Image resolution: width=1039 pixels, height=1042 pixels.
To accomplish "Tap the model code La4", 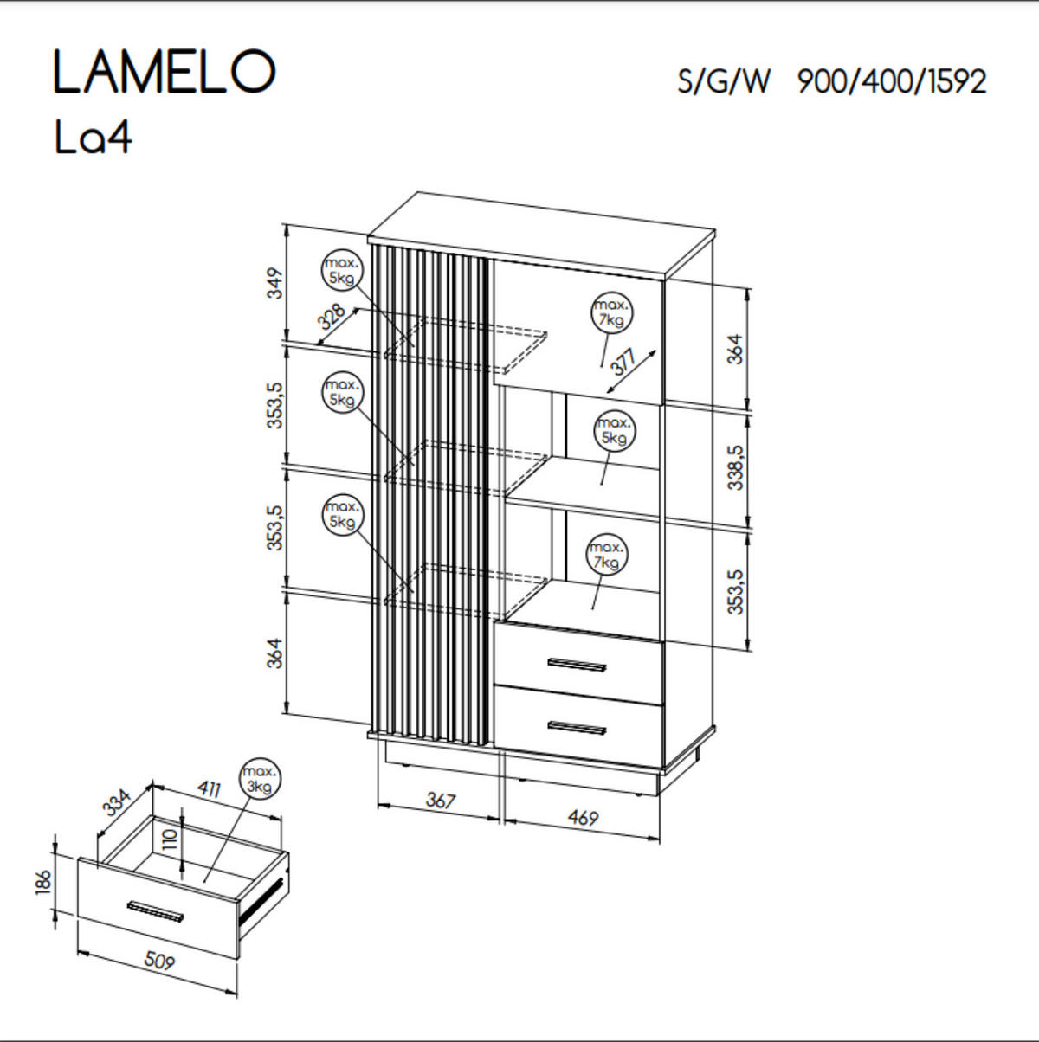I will click(x=94, y=138).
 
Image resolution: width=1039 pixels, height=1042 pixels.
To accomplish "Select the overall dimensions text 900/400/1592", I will click(x=891, y=82).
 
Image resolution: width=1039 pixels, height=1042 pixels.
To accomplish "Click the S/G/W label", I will click(x=723, y=82).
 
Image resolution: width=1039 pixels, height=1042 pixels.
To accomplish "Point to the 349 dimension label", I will click(x=274, y=284).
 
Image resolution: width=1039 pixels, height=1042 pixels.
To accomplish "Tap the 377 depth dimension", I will click(x=623, y=361).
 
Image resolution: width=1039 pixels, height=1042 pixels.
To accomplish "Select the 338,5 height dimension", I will click(x=735, y=468).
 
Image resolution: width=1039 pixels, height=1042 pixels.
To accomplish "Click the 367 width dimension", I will click(x=440, y=801).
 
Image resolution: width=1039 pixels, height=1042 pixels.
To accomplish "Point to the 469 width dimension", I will click(x=582, y=816).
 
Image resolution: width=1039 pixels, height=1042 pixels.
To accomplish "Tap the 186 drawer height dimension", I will click(x=44, y=883).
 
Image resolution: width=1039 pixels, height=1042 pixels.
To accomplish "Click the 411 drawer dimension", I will click(x=209, y=788).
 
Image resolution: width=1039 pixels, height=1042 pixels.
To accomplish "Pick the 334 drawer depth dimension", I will click(x=117, y=802).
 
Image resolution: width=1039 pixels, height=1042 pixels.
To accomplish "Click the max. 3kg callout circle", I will click(x=260, y=779).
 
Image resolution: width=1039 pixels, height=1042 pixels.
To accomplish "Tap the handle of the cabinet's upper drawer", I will click(x=578, y=666).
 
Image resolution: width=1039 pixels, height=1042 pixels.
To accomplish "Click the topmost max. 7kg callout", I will click(x=611, y=313).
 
